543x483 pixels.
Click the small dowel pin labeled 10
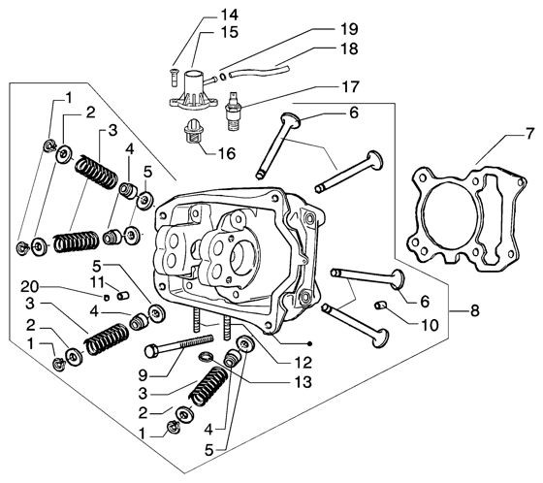(x=381, y=306)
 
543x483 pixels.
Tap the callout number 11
(x=97, y=281)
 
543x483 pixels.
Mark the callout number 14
(x=229, y=14)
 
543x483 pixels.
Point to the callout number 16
(x=229, y=152)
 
